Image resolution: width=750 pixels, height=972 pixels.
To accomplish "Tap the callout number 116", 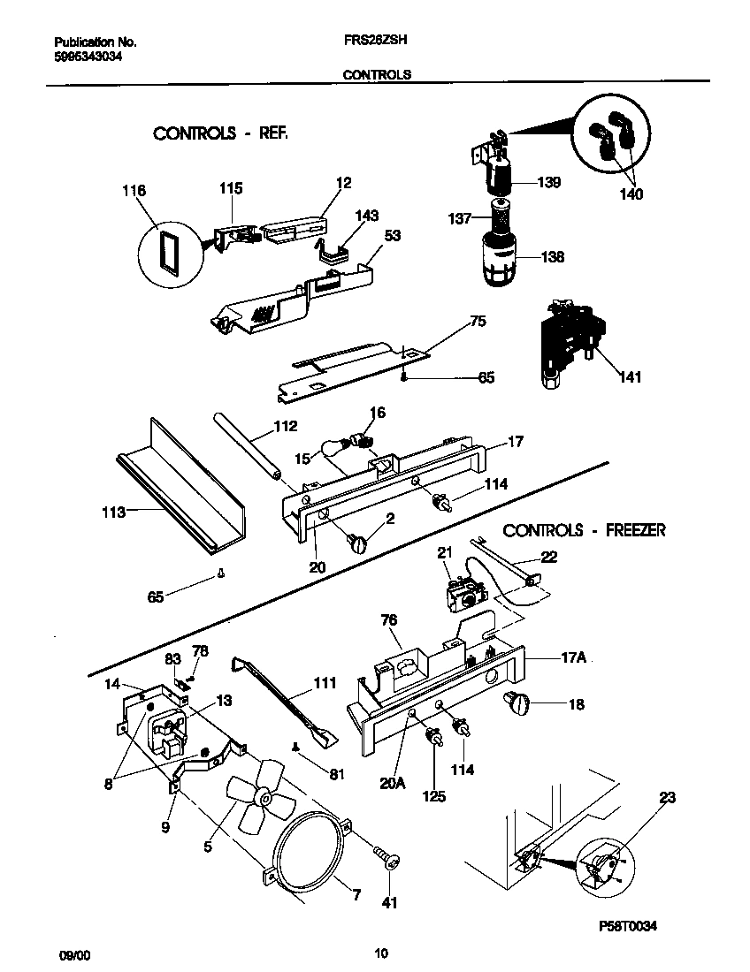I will (135, 190).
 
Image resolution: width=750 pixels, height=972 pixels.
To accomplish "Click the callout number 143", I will (366, 216).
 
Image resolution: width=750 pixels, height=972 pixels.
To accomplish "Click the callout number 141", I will (630, 377).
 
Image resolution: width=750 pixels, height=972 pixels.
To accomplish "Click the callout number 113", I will (113, 511).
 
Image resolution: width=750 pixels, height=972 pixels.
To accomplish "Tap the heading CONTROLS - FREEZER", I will (584, 530).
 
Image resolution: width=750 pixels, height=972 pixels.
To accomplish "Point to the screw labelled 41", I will (386, 857).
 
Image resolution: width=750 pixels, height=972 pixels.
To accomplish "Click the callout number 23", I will (667, 797).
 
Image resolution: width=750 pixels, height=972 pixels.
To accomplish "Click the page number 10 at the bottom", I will (380, 953).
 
